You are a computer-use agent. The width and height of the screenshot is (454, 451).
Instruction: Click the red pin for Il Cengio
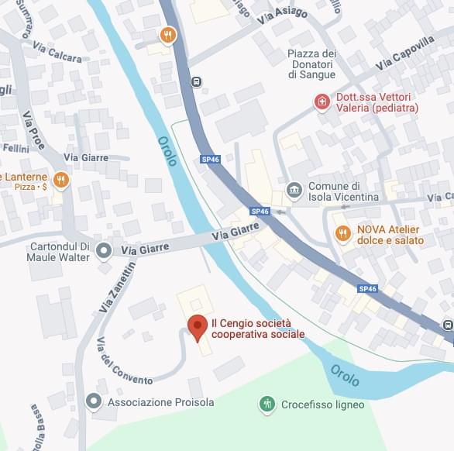(x=197, y=327)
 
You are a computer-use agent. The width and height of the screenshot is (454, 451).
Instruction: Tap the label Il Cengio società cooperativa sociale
(x=258, y=329)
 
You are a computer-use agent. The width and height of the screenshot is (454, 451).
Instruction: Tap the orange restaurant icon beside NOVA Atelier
(x=342, y=233)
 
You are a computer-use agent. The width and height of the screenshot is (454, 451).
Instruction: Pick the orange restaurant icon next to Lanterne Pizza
(x=61, y=181)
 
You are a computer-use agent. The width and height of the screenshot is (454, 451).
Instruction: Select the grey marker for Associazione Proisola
(x=94, y=401)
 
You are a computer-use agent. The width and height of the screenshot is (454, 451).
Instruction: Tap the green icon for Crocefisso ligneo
(x=267, y=404)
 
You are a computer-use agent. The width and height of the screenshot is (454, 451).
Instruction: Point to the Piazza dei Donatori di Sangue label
(x=311, y=64)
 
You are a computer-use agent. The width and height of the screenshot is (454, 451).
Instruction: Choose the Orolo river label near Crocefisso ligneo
(x=345, y=375)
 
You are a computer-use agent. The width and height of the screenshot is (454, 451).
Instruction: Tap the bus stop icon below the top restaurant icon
(x=197, y=81)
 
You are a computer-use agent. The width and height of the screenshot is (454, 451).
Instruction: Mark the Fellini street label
(x=15, y=147)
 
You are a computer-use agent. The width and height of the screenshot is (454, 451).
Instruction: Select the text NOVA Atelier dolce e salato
(x=390, y=235)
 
